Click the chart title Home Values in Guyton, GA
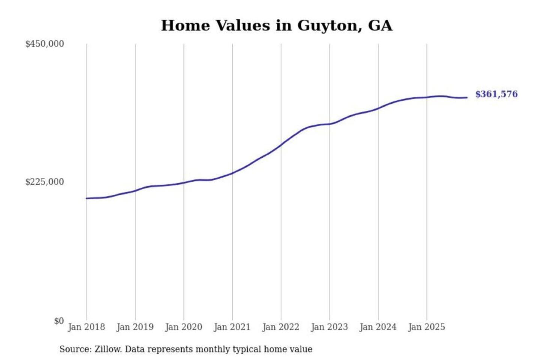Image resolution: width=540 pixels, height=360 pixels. click(277, 25)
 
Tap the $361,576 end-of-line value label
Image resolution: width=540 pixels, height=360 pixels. click(496, 94)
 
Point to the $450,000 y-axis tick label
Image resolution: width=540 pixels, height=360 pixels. click(45, 44)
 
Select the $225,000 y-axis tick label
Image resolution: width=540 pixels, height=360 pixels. click(45, 182)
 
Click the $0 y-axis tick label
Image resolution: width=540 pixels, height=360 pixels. click(59, 321)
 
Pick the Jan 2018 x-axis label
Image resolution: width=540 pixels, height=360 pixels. click(86, 327)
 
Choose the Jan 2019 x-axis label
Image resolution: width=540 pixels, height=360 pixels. click(135, 327)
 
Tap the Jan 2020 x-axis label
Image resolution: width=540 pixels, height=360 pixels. click(183, 327)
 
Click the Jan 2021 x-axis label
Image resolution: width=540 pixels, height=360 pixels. click(232, 327)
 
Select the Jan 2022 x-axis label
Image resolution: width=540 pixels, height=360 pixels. click(280, 327)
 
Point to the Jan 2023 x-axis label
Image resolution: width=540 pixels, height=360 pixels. click(329, 327)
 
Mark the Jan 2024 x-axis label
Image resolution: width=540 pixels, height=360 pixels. click(378, 327)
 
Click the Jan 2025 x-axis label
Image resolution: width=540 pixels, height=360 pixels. click(426, 327)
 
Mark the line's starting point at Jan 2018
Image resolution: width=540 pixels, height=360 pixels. click(87, 198)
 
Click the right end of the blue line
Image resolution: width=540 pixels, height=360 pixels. click(467, 97)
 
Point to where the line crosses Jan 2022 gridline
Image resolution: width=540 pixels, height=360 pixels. click(281, 145)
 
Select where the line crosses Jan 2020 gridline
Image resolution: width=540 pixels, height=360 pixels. click(184, 183)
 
